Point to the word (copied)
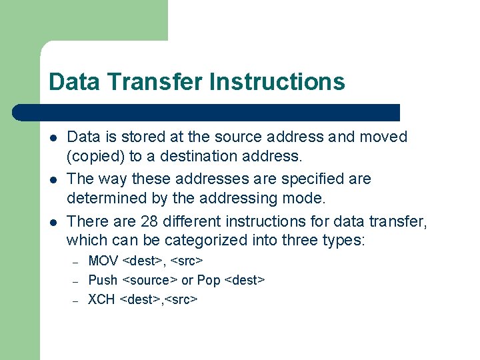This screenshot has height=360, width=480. coord(95,156)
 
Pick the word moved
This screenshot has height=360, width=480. coord(383,137)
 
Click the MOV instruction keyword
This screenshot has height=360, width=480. coord(103,261)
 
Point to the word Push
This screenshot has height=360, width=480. coord(103,280)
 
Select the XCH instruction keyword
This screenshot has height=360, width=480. coord(101,299)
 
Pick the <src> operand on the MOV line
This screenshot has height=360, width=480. coord(187,261)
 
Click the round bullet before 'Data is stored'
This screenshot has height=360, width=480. coord(53,137)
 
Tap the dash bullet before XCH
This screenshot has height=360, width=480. coord(75,301)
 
